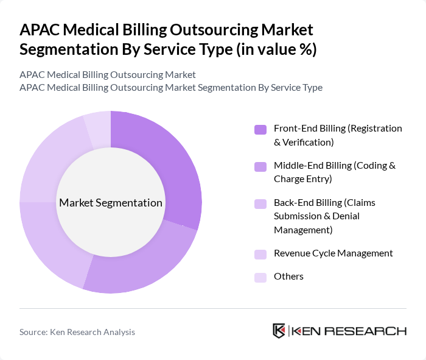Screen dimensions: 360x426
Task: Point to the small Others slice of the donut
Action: [x=98, y=129]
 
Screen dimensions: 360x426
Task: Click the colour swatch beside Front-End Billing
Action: [x=260, y=129]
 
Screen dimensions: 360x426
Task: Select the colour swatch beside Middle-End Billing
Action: [x=260, y=166]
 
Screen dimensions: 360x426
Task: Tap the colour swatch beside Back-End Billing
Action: [x=260, y=203]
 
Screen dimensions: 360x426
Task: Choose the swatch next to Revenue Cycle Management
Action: [x=260, y=254]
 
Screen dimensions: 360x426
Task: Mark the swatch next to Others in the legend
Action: [x=260, y=277]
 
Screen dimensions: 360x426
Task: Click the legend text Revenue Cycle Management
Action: [x=333, y=253]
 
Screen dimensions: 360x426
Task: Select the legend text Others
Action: [x=288, y=277]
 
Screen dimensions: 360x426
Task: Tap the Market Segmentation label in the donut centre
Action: [x=111, y=203]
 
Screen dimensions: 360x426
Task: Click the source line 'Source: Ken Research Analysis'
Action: [x=77, y=332]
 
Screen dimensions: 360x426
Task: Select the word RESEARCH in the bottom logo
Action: [x=371, y=331]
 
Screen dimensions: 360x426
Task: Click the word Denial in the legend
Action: [x=346, y=216]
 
